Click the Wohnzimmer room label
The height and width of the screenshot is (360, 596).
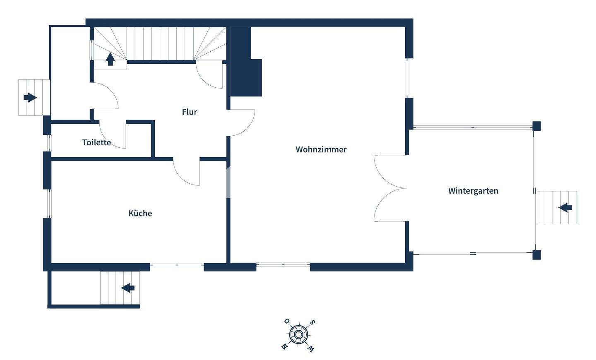coord(321,150)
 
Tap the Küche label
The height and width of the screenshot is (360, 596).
coord(140,214)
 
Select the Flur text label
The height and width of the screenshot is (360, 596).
coord(190,112)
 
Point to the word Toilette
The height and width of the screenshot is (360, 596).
coord(96,142)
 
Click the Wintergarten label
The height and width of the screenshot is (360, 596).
coord(473,191)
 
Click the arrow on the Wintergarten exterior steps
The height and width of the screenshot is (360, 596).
coord(565,207)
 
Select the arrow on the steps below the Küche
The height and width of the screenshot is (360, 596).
coord(128,287)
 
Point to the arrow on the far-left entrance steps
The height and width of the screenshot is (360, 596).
coord(30,98)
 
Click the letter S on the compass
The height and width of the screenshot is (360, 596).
coord(313,322)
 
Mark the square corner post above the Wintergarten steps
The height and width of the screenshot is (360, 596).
coord(536,126)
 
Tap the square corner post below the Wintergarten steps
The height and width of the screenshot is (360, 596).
coord(536,255)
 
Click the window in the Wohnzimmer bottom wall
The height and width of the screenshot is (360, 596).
coord(283,265)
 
